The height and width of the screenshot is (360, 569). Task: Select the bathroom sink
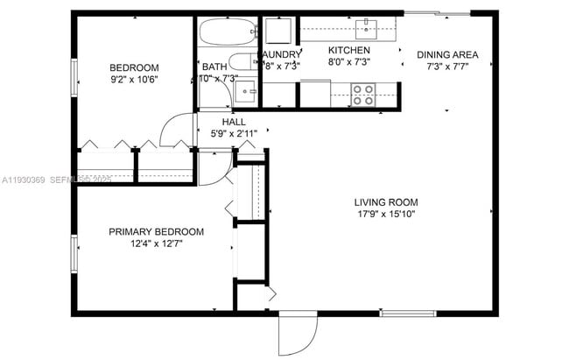coord(246,90)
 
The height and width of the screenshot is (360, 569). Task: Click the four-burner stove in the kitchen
coord(363,93)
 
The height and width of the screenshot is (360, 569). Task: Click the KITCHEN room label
coord(349,51)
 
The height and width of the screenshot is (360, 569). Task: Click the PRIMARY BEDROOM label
coord(156,232)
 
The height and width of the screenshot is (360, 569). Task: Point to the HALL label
coord(234,122)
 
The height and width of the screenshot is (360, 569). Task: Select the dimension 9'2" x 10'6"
coord(134,81)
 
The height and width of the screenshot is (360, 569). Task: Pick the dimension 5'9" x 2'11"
coord(234,134)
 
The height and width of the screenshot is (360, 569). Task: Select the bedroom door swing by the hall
coord(178,128)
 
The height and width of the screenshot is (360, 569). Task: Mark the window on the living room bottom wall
coord(407,312)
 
